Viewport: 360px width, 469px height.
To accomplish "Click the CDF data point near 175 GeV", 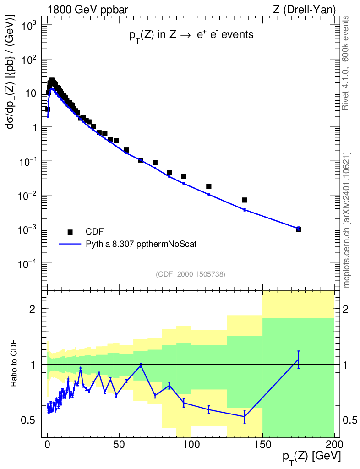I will (x=298, y=229).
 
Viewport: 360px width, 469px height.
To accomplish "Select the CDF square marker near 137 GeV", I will (x=245, y=200).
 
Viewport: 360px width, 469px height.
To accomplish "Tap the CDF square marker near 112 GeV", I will (x=208, y=186).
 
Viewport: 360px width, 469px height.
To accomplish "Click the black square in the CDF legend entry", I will (x=70, y=232).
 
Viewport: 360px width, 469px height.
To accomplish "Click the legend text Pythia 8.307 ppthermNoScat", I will (x=141, y=244).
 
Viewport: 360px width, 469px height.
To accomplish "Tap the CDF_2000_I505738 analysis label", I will (x=191, y=274).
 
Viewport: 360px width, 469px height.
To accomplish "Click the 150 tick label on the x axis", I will (x=262, y=444).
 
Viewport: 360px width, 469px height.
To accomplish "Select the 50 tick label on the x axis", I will (x=119, y=444).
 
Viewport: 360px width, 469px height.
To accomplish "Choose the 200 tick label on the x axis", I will (x=334, y=444).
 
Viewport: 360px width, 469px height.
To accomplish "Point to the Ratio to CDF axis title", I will (x=14, y=365).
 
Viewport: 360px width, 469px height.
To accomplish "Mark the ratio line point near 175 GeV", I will (x=298, y=360).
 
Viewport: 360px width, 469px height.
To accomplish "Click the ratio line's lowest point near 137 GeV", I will (x=245, y=416).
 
